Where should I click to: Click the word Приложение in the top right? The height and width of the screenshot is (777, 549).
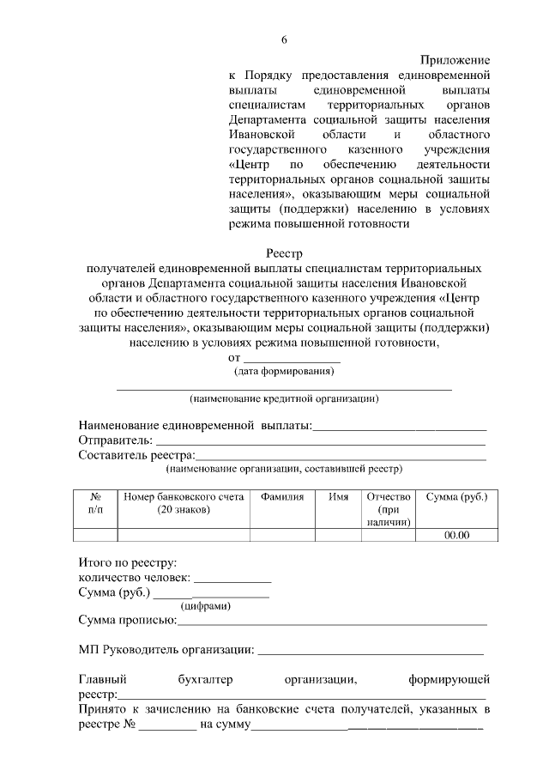[x=455, y=60]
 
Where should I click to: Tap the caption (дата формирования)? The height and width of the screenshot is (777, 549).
[x=284, y=372]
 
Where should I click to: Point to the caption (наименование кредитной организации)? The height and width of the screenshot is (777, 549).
[x=284, y=399]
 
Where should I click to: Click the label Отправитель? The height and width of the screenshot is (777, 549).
[x=115, y=440]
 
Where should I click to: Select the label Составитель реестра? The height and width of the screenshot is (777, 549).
[x=136, y=455]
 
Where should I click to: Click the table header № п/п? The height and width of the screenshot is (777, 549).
[x=96, y=503]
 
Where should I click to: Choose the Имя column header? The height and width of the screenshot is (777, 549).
[x=338, y=497]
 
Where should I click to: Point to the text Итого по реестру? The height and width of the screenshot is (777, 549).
[x=127, y=563]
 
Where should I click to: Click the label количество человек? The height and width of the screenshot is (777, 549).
[x=136, y=578]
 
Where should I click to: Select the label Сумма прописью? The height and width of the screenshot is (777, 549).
[x=127, y=620]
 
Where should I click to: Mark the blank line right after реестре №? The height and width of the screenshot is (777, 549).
[x=168, y=725]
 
